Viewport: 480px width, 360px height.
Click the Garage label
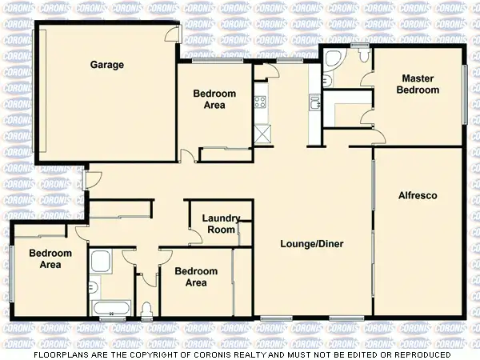(x=106, y=65)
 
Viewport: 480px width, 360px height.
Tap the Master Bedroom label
(x=418, y=84)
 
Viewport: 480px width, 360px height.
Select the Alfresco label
(x=418, y=195)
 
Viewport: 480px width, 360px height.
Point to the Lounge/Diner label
(x=311, y=243)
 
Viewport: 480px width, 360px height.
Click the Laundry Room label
(x=218, y=223)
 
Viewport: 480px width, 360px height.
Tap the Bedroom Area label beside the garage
(x=214, y=99)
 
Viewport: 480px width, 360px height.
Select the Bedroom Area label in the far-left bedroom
(x=50, y=258)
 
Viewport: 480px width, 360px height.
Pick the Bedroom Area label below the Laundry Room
(x=196, y=277)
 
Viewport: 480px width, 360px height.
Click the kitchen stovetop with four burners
(x=259, y=102)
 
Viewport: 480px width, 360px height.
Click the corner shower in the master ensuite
(x=332, y=57)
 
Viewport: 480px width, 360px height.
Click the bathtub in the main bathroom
(x=110, y=308)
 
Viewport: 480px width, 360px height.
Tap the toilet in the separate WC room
(x=146, y=310)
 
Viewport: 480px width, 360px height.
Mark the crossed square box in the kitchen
(x=262, y=134)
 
